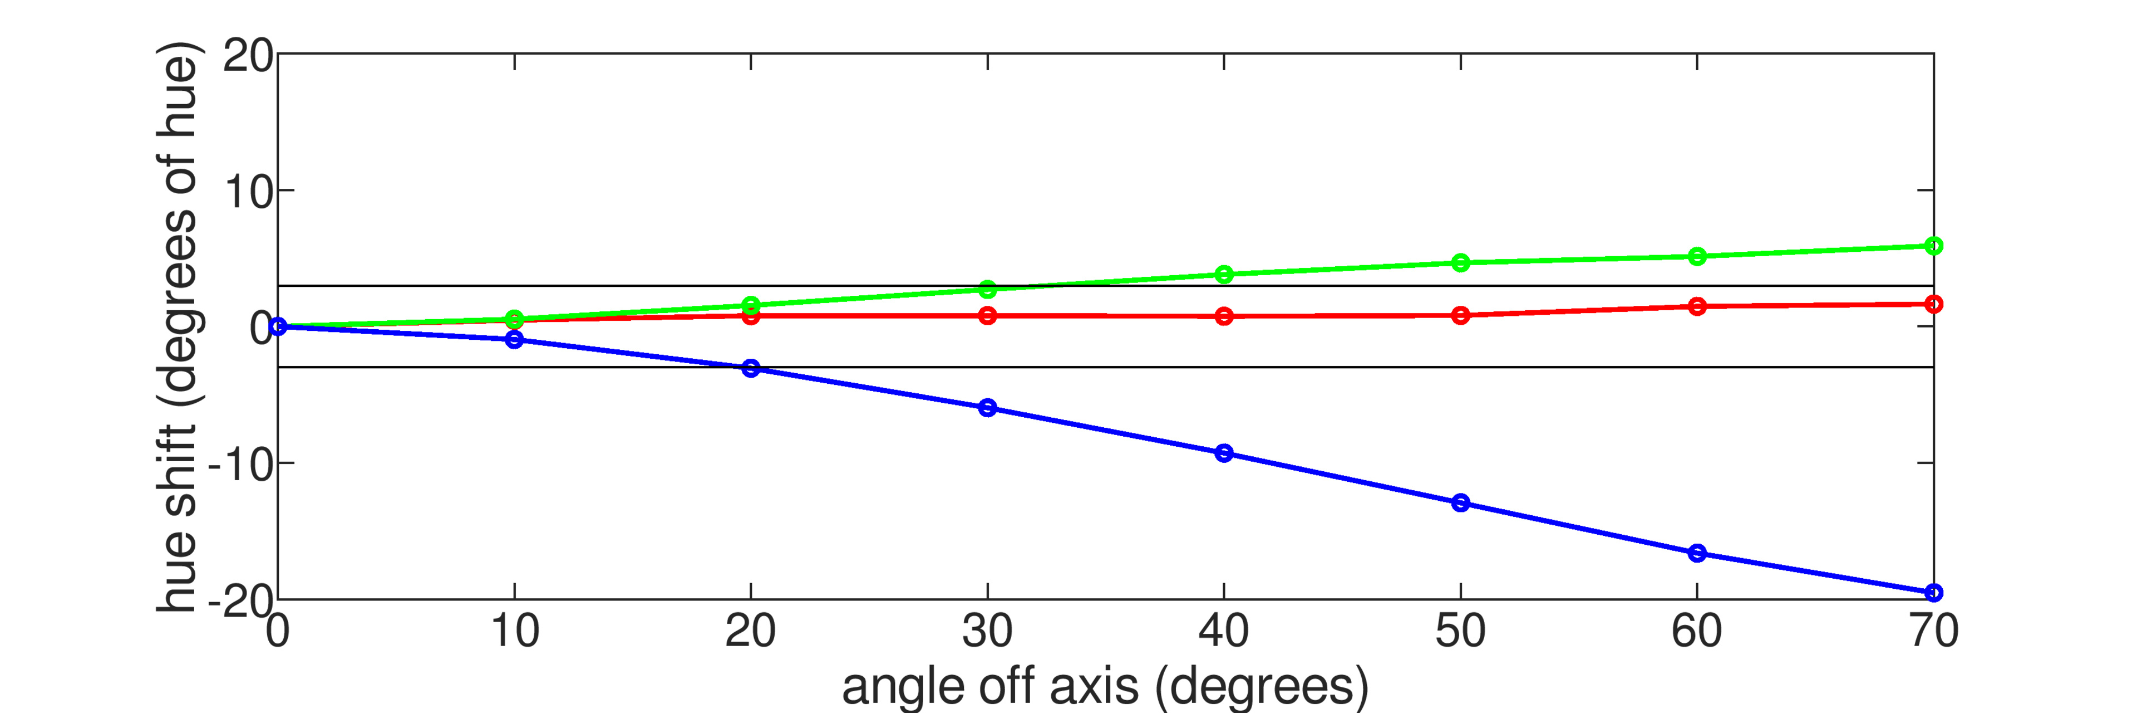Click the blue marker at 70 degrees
coord(1933,593)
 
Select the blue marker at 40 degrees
coord(1224,453)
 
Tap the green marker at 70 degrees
coord(1933,246)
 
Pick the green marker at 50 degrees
coord(1460,263)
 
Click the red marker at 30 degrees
coord(987,315)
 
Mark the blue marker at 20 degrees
coord(751,368)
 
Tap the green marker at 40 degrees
coord(1224,274)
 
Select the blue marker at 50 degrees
coord(1460,502)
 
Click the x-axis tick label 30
coord(987,632)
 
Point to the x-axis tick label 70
coord(1933,632)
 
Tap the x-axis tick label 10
coord(514,632)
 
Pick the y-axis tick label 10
coord(247,193)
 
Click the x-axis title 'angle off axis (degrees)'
coord(1105,686)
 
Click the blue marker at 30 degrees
coord(987,408)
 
